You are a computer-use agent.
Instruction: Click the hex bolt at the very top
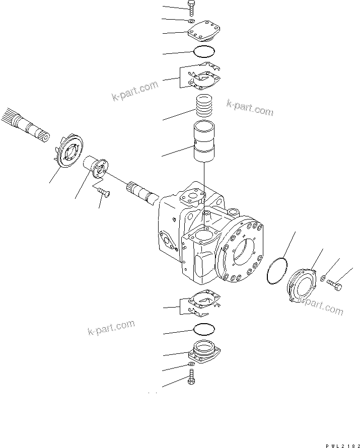pos(192,9)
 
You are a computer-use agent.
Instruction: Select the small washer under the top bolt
pos(191,22)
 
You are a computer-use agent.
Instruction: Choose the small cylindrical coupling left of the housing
pos(96,167)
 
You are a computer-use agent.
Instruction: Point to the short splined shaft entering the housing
pos(143,192)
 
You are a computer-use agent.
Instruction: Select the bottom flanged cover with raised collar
pos(205,350)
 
